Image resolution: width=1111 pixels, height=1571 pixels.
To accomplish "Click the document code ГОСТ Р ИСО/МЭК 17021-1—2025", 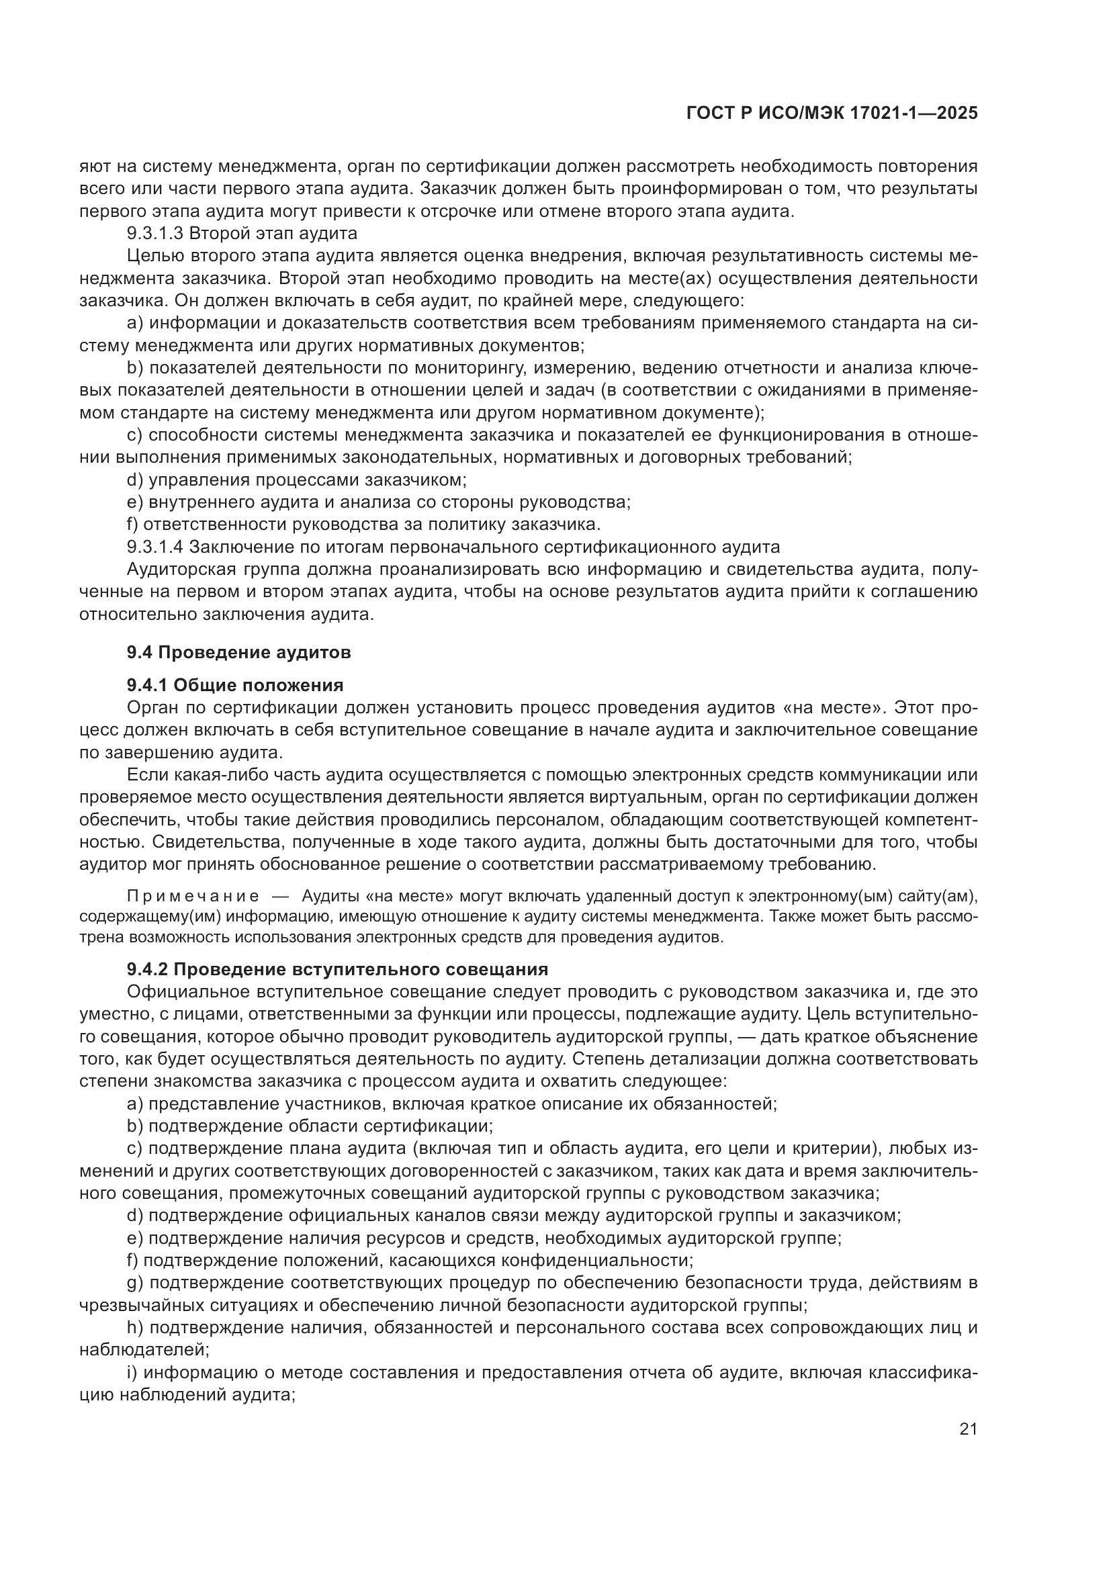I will pos(831,114).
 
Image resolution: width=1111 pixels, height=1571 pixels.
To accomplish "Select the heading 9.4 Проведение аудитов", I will pos(238,652).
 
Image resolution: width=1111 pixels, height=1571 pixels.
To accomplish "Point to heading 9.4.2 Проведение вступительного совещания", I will pos(337,969).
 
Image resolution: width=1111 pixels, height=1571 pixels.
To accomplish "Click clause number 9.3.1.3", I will pos(155,234).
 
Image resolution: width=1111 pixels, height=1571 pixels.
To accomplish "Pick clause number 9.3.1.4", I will pos(155,547).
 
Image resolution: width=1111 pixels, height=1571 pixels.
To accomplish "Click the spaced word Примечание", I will pos(193,897).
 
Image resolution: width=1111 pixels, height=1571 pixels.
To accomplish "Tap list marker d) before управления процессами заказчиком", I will pos(135,480).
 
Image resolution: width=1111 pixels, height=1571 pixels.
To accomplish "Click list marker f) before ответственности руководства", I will pos(133,525).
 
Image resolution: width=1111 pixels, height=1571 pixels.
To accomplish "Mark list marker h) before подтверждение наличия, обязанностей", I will pos(135,1327).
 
